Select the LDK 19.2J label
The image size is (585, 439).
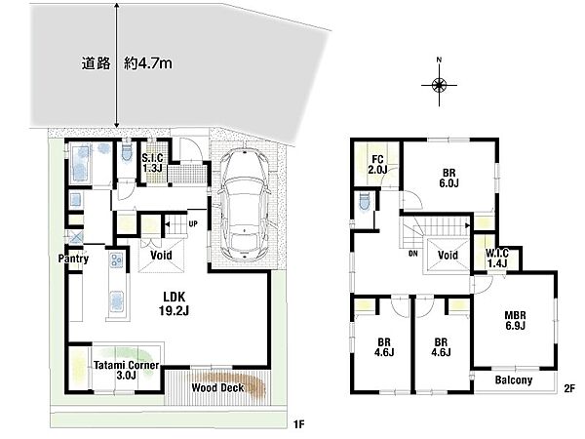coord(174,303)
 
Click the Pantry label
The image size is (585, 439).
coord(73,259)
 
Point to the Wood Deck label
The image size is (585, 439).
coord(217,387)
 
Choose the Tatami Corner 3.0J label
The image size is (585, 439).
coord(126,370)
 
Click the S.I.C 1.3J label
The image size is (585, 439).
coord(152,163)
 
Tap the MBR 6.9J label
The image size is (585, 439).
coord(515,320)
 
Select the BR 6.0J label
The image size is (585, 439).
coord(448,179)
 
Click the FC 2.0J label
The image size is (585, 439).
coord(377,165)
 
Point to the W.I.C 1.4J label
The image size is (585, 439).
coord(496,259)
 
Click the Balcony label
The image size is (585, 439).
coord(514,380)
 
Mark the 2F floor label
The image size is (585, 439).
coord(569,389)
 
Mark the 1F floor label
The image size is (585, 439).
coord(299,424)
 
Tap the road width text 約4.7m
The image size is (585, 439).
coord(148,63)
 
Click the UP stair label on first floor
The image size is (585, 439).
coord(193,224)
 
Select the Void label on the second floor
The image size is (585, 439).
coord(448,255)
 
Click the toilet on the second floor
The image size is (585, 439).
coord(364,202)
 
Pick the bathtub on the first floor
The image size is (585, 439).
coord(80,164)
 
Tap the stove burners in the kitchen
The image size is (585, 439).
coord(116,259)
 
